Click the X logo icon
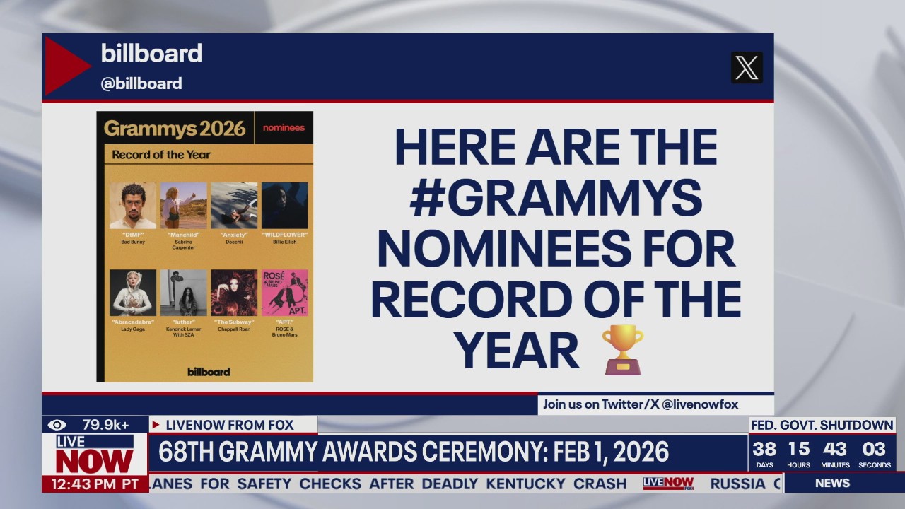(747, 68)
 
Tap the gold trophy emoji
(623, 349)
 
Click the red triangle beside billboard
(66, 66)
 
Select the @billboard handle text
(141, 83)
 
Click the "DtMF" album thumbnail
(133, 206)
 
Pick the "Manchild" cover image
(184, 206)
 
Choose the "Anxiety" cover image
(234, 206)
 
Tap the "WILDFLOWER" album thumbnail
(285, 206)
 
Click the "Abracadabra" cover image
(133, 293)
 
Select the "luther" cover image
(184, 293)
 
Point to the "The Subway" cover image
(234, 293)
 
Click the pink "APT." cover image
(285, 293)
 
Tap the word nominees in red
(284, 128)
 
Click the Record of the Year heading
(161, 155)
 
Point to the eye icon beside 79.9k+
(57, 425)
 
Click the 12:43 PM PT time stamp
(95, 484)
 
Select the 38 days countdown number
(764, 449)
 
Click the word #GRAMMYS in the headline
(556, 199)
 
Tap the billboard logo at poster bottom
(209, 372)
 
